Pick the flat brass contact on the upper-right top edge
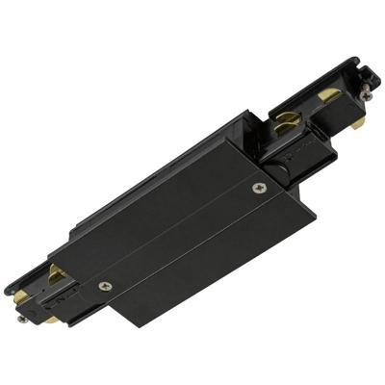(329, 96)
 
